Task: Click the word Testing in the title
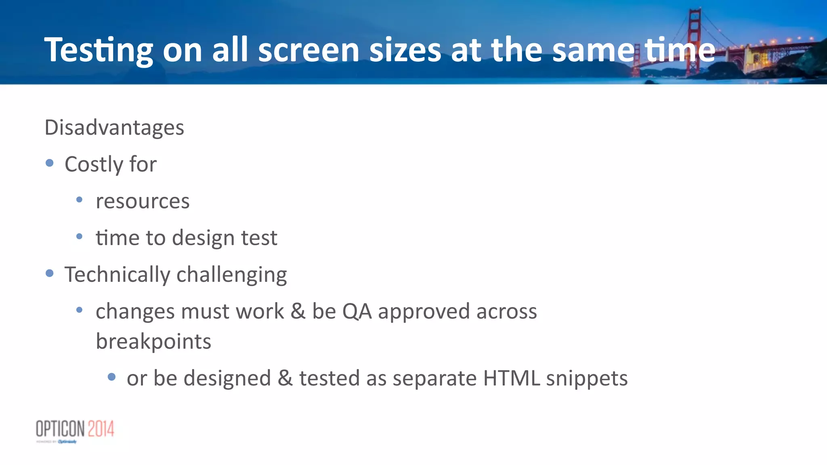99,50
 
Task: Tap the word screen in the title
309,50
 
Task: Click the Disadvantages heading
114,127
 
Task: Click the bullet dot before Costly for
50,163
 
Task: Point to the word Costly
94,165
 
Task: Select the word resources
143,201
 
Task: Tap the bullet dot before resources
79,200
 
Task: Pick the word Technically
117,275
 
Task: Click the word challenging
232,275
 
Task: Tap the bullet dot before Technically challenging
50,273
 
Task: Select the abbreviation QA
357,311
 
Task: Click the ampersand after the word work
298,311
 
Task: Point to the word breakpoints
153,342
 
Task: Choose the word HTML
511,378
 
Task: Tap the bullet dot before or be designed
112,377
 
